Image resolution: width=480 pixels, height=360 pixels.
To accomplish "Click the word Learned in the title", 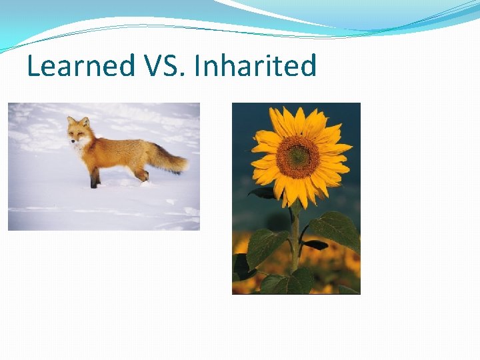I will click(x=81, y=67).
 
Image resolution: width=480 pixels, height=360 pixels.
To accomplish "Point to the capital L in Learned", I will click(x=33, y=67).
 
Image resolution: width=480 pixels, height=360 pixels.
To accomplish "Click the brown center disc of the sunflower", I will click(x=297, y=157).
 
